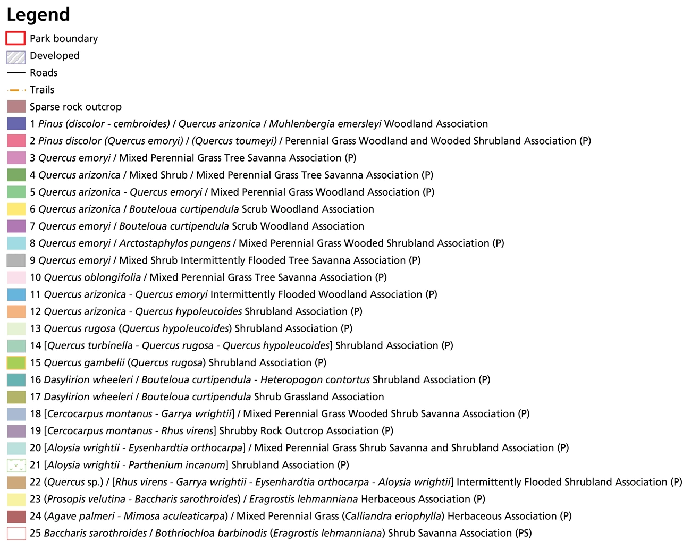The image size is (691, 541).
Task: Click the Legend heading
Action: (38, 15)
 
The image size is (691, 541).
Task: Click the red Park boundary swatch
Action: (16, 38)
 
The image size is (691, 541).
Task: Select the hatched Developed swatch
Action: (16, 56)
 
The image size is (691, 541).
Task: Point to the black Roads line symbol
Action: (16, 73)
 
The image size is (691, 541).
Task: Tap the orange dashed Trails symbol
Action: (16, 90)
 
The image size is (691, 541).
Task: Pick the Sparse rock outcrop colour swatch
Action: (16, 107)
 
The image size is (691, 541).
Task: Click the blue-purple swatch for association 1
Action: (16, 124)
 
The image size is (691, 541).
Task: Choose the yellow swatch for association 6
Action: (16, 209)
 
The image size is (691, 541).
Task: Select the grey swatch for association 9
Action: (16, 260)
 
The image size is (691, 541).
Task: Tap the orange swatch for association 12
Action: (16, 311)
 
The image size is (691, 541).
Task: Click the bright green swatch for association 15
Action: (16, 362)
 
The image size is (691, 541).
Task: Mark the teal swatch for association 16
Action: (16, 379)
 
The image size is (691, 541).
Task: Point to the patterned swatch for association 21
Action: (16, 465)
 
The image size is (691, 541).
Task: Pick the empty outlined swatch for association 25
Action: (16, 533)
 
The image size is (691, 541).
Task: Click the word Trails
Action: (42, 90)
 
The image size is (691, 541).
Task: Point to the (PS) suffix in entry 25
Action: (523, 533)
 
